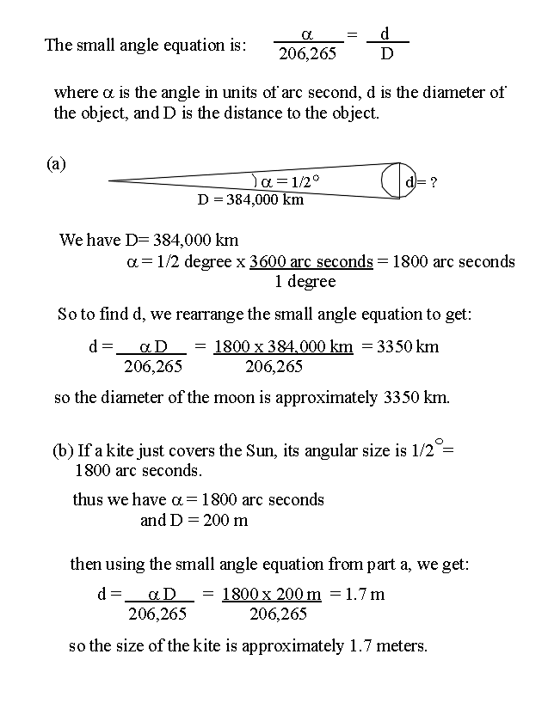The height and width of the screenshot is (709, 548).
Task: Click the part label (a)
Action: point(56,164)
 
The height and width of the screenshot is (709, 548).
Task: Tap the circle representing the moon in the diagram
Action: point(398,180)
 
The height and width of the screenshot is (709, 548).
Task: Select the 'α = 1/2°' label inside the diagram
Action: point(289,181)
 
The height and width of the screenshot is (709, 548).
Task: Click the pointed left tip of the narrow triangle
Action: point(111,180)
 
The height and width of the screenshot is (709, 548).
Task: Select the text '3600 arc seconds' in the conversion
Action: point(311,261)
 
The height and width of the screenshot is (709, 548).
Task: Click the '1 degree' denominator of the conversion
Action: point(305,282)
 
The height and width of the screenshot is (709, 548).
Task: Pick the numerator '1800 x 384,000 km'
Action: point(283,347)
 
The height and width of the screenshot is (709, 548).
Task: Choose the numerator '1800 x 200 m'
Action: point(271,594)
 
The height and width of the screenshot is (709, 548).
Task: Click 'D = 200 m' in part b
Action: point(194,521)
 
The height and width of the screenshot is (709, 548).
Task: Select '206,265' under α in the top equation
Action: point(308,53)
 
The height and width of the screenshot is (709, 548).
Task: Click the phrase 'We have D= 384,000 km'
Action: point(148,240)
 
